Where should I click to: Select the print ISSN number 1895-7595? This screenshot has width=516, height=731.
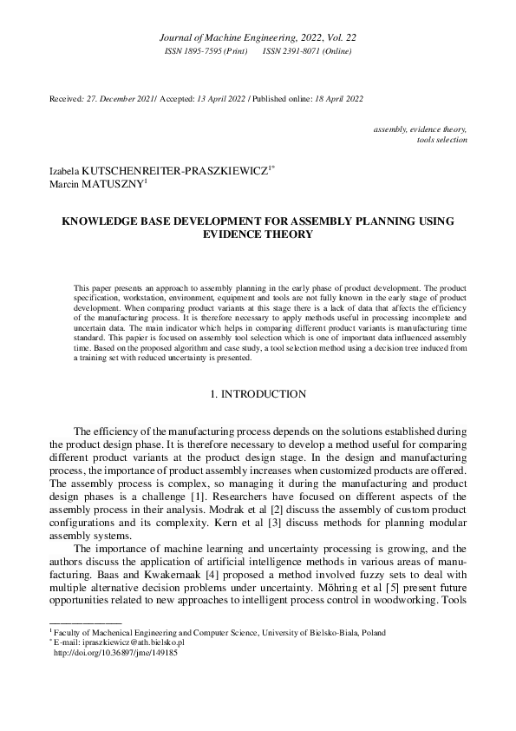coord(202,52)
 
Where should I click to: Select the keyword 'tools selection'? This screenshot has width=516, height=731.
coord(442,139)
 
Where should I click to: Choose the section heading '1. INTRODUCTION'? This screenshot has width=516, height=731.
coord(258,394)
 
